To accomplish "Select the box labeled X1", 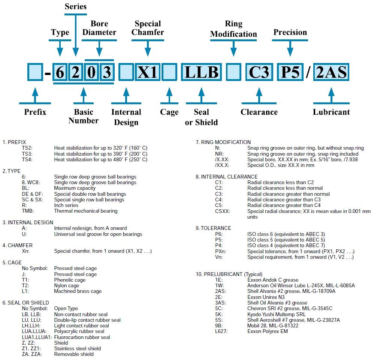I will click(x=148, y=72).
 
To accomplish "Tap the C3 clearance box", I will click(x=259, y=72).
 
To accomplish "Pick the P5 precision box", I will click(x=290, y=72).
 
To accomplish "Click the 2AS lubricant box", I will click(x=331, y=72).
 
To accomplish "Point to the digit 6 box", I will click(x=60, y=72).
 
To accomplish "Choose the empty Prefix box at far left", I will click(x=35, y=72).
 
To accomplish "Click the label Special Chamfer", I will click(x=148, y=28).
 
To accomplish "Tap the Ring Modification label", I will click(x=233, y=29).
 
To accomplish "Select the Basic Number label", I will click(x=84, y=116).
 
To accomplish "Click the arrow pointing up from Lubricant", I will click(x=331, y=94).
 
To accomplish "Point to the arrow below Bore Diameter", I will click(x=99, y=48).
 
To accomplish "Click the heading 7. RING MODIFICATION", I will click(x=223, y=142).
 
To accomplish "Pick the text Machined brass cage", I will click(x=78, y=291).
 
